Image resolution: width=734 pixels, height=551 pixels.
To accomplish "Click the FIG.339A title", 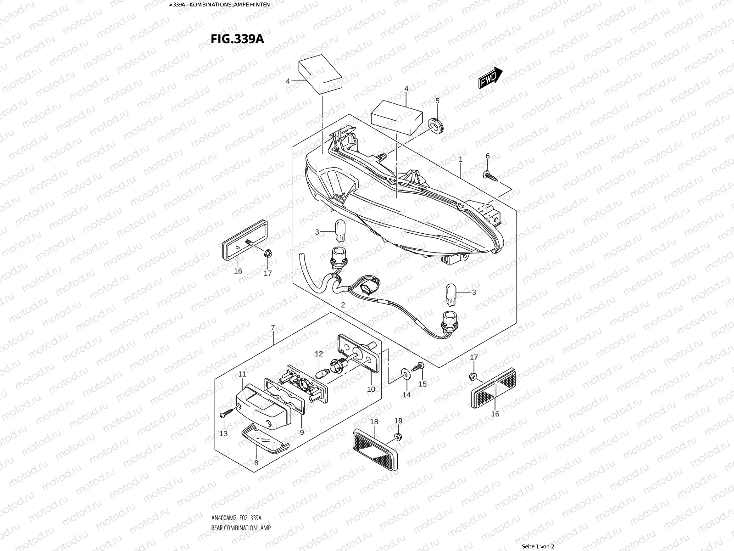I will pyautogui.click(x=237, y=39).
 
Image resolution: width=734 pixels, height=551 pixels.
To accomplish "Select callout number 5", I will pyautogui.click(x=437, y=101).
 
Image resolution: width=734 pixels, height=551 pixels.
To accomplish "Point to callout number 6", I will pyautogui.click(x=488, y=156).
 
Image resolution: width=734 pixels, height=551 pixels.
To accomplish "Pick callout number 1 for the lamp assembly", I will pyautogui.click(x=460, y=159).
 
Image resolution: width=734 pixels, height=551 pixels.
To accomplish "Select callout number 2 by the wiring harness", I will pyautogui.click(x=343, y=304).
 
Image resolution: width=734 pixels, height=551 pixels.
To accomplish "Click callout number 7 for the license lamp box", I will pyautogui.click(x=273, y=327).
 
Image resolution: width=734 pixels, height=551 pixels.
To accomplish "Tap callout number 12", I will pyautogui.click(x=319, y=354).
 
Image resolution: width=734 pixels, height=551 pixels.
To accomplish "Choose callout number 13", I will pyautogui.click(x=223, y=433).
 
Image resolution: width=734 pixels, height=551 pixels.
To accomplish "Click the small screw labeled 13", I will pyautogui.click(x=223, y=415).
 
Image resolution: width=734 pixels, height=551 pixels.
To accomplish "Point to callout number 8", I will pyautogui.click(x=256, y=462).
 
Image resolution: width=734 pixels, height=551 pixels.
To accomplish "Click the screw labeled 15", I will pyautogui.click(x=419, y=366).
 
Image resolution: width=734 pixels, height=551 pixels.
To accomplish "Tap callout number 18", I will pyautogui.click(x=374, y=422).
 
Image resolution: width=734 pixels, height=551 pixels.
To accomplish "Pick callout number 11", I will pyautogui.click(x=242, y=375).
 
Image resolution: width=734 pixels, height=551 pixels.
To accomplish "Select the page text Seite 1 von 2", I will pyautogui.click(x=538, y=546).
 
